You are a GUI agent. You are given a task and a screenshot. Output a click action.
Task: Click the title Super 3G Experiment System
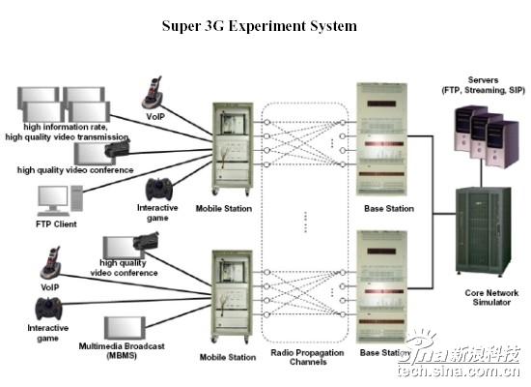[260, 26]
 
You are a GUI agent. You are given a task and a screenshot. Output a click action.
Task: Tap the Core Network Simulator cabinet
[484, 231]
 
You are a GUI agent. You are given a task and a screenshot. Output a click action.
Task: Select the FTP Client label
[56, 224]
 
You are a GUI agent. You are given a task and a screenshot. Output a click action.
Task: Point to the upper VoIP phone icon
[153, 92]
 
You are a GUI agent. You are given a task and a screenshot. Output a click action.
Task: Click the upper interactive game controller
[159, 189]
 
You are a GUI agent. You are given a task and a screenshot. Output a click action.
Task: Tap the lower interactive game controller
[49, 309]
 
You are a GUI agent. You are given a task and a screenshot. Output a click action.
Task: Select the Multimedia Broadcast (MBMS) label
[122, 350]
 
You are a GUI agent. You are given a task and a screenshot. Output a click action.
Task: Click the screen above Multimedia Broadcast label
[125, 328]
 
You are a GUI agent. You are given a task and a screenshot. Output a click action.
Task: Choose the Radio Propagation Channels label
[307, 357]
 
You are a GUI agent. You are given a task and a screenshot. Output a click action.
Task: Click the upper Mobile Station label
[224, 208]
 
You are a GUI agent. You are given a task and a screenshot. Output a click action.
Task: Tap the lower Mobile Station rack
[233, 296]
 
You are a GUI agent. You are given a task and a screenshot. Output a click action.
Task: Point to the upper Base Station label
[389, 208]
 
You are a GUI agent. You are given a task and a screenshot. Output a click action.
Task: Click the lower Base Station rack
[381, 286]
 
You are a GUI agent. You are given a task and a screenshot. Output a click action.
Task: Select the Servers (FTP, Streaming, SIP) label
[484, 85]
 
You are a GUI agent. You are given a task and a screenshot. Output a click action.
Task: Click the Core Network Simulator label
[491, 297]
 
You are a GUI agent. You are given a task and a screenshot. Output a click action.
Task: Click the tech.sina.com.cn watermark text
[459, 372]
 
